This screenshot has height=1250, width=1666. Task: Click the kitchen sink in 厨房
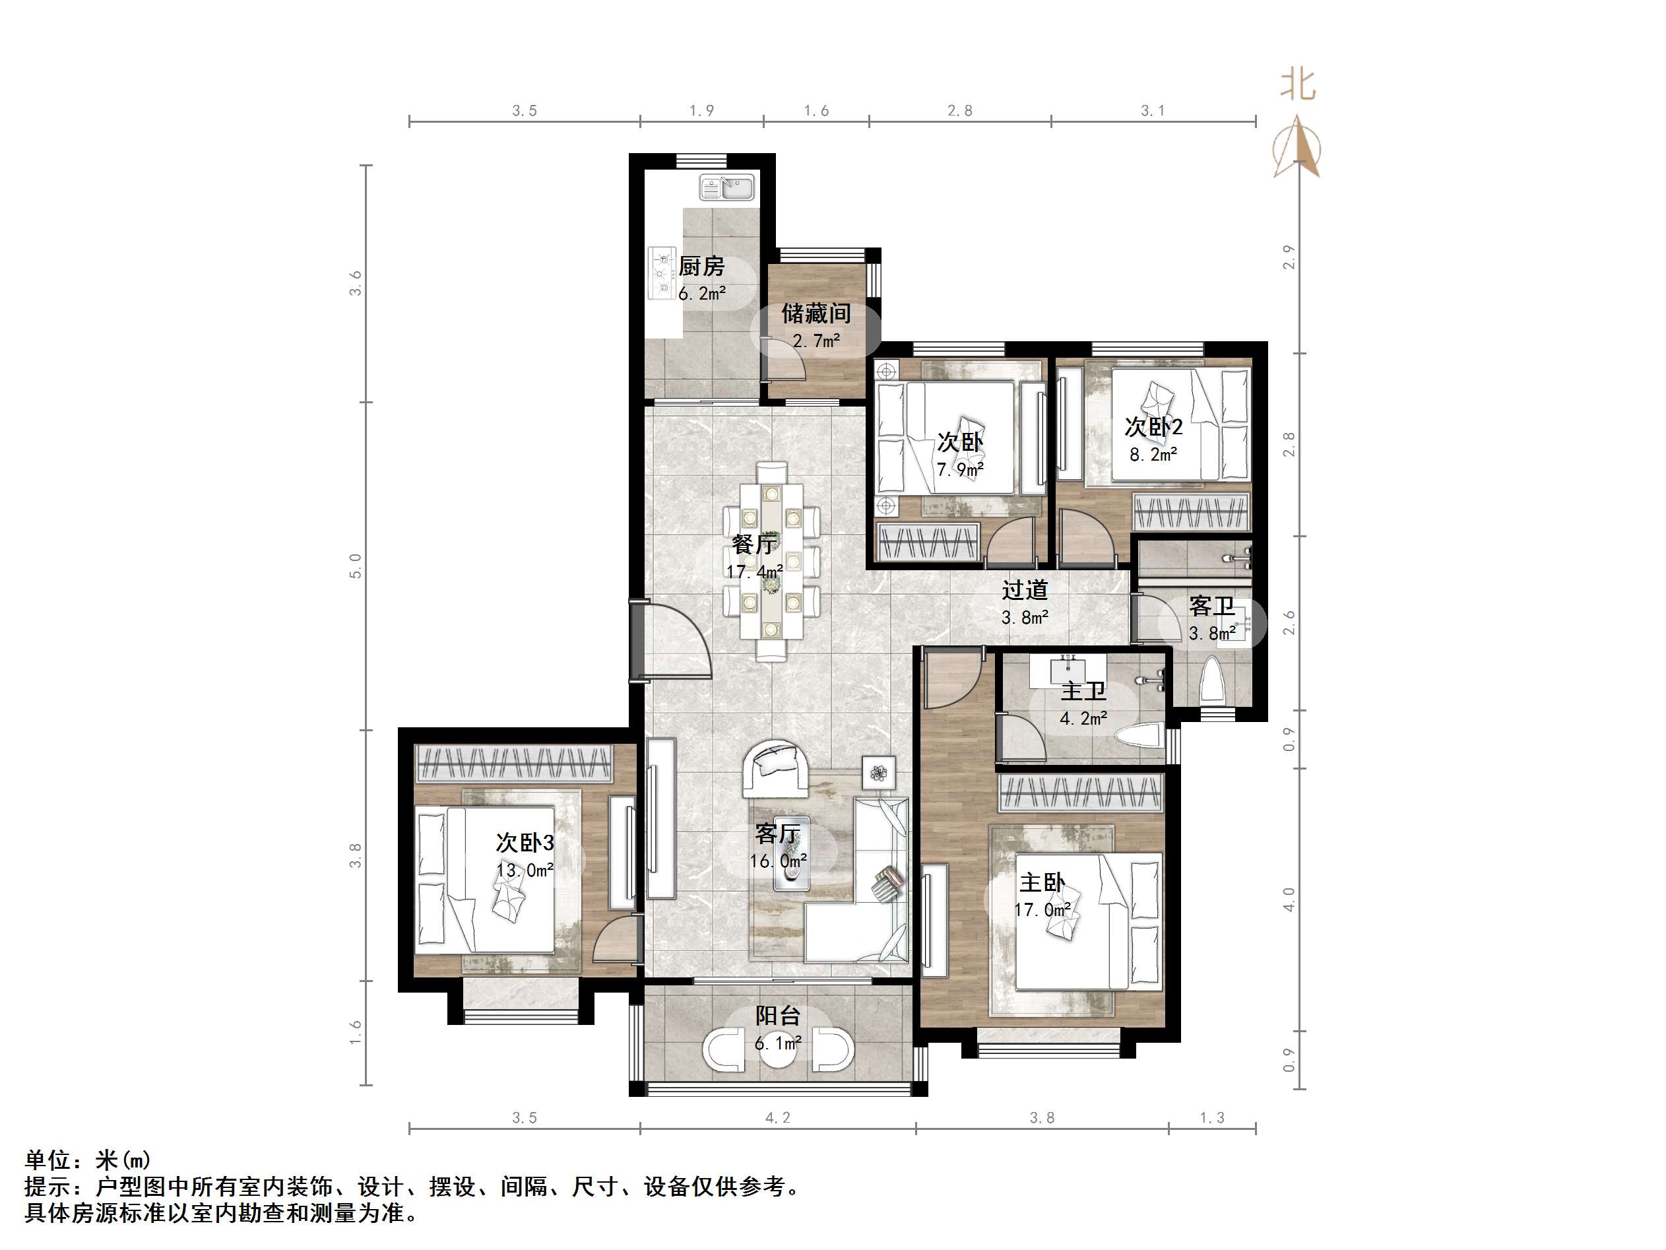(x=727, y=187)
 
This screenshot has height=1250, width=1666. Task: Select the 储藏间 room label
(x=816, y=313)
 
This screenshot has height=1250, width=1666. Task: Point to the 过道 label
(x=1024, y=591)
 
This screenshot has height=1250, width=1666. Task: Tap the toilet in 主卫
(x=1139, y=737)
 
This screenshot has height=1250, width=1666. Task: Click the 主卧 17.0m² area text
(x=1042, y=910)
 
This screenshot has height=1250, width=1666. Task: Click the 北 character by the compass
(x=1298, y=84)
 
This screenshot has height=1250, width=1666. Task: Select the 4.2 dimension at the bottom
(x=777, y=1118)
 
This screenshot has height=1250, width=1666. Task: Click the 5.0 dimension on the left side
(x=356, y=566)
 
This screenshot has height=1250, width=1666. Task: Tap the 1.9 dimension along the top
(x=701, y=112)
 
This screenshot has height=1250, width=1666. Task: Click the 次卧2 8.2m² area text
(x=1153, y=454)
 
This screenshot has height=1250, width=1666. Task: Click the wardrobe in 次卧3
(x=515, y=763)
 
